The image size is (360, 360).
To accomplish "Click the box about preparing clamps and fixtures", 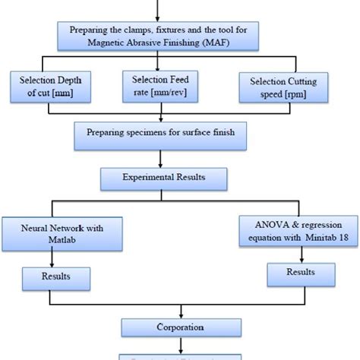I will click(159, 35).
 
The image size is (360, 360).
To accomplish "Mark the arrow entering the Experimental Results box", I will click(159, 161).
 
